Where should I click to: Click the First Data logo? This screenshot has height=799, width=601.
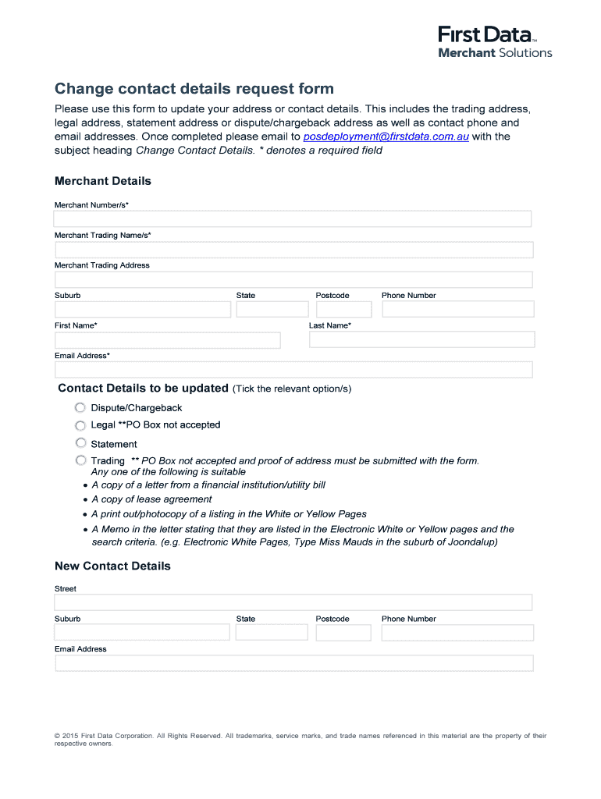(x=495, y=42)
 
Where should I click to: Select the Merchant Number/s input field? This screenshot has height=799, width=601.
(x=293, y=219)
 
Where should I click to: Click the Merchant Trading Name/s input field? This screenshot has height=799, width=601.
(x=293, y=250)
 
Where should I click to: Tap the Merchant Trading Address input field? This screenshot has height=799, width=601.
(x=293, y=279)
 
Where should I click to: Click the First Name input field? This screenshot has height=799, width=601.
(x=167, y=340)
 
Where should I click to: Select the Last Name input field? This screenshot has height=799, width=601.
(x=421, y=340)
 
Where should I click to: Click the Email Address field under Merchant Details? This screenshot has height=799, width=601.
(x=293, y=370)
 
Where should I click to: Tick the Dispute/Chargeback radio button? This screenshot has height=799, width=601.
(x=80, y=408)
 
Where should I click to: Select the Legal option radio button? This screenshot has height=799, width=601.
(x=80, y=426)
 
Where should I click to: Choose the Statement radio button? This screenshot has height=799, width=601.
(x=80, y=443)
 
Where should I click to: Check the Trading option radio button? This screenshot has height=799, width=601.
(x=80, y=461)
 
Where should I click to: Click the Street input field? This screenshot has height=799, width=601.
(x=293, y=602)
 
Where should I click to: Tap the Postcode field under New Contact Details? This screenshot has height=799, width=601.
(x=343, y=632)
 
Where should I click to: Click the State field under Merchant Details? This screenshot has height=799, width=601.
(x=272, y=310)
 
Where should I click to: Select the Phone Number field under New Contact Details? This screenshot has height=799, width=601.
(x=457, y=632)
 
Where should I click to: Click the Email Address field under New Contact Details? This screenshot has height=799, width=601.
(x=293, y=663)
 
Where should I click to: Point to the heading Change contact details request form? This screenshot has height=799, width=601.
(x=194, y=89)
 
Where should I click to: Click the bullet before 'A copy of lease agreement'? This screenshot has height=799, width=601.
(x=85, y=500)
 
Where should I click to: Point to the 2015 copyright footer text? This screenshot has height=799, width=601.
(x=300, y=739)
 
